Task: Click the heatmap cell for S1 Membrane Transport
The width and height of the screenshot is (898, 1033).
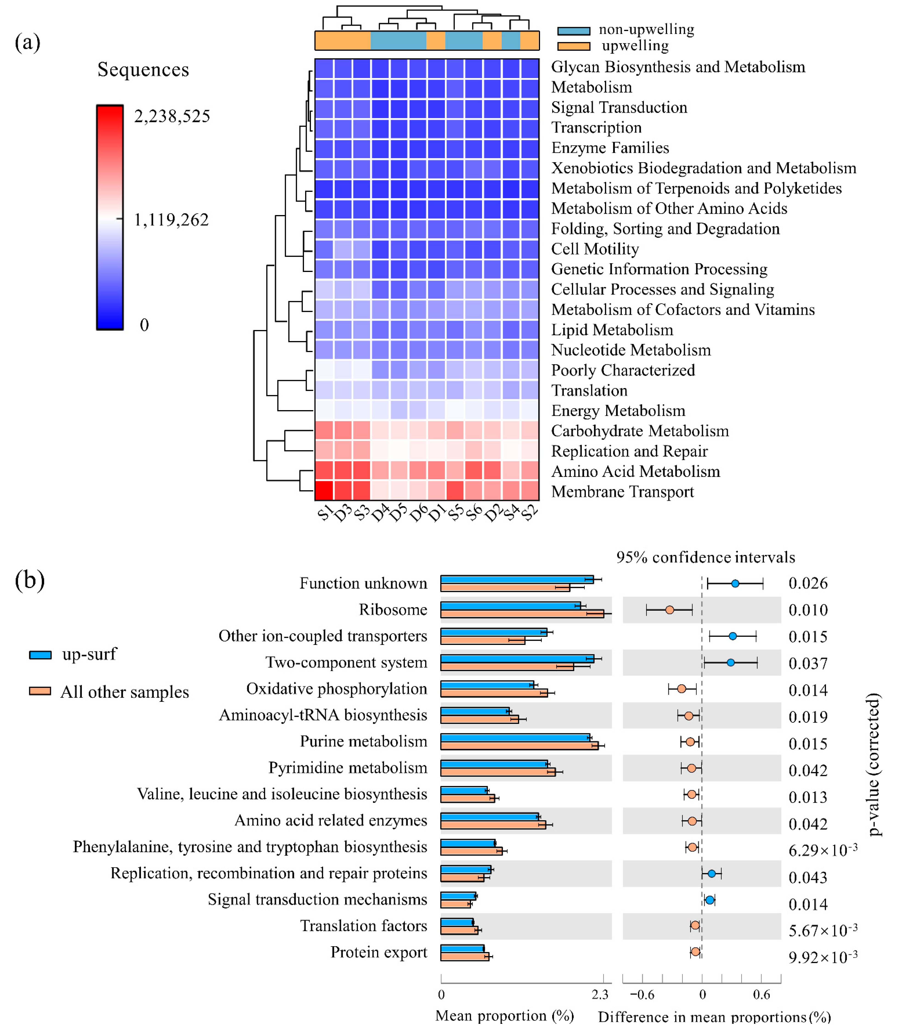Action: pos(324,490)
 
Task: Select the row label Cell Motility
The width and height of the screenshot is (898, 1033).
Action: pos(595,249)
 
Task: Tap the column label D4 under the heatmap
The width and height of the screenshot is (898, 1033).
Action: pos(380,513)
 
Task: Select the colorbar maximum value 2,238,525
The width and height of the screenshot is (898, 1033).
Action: pos(172,116)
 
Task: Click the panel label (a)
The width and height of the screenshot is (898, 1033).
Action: pos(28,43)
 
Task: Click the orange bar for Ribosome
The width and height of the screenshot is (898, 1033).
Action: pos(522,613)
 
